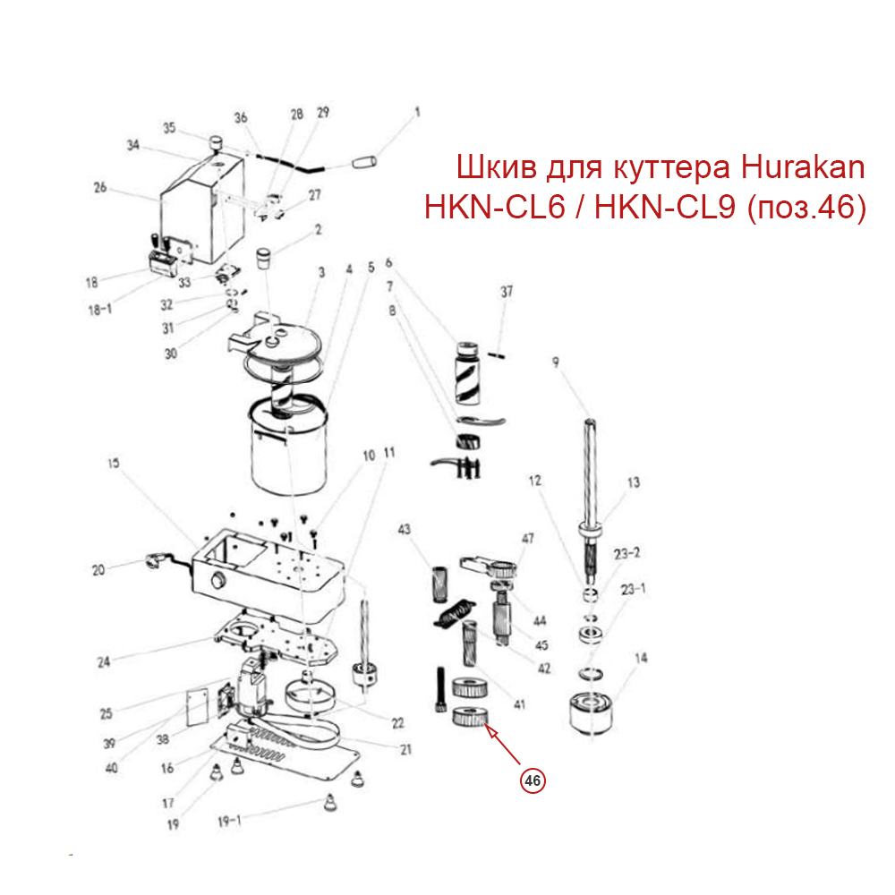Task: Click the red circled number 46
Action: [533, 780]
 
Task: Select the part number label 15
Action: [114, 465]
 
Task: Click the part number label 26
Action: [100, 188]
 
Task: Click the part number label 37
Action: [507, 293]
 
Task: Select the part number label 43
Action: [404, 530]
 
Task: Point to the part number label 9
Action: [556, 362]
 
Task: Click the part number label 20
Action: [98, 568]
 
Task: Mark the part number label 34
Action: [133, 145]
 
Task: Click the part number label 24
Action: [103, 662]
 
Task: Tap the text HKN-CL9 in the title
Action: [665, 208]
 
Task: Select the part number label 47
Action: [528, 538]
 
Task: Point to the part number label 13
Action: [633, 483]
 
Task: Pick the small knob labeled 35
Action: [216, 142]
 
